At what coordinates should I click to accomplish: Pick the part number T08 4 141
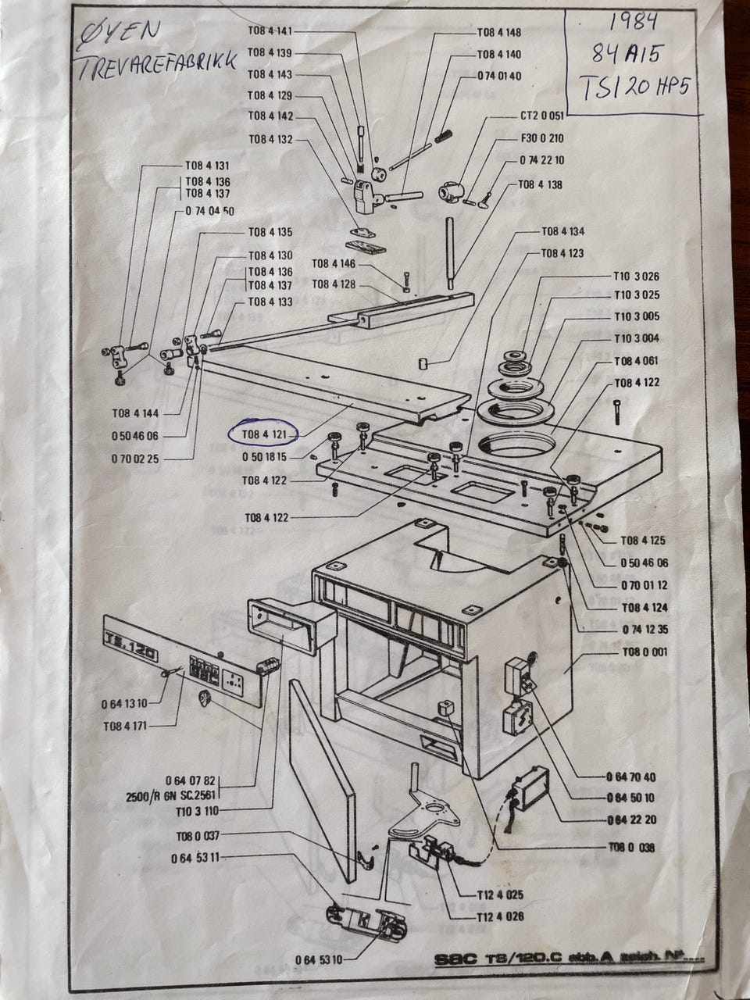click(270, 31)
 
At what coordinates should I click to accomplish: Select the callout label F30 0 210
click(541, 138)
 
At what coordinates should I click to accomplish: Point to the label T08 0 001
click(645, 652)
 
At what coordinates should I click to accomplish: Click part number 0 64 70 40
click(630, 777)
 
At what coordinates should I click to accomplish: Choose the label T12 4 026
click(500, 916)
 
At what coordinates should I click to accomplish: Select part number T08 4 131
click(207, 166)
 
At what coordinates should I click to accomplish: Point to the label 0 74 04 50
click(210, 211)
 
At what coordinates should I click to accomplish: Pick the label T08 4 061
click(637, 360)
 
